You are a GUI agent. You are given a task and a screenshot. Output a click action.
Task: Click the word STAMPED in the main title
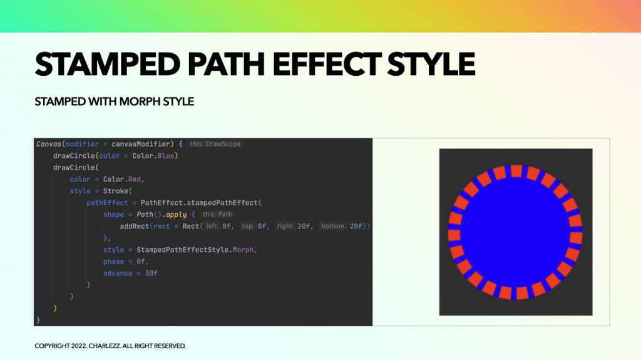coord(108,64)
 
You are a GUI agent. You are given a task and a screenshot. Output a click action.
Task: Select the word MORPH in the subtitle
coord(140,101)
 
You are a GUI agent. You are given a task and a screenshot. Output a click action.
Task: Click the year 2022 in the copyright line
coord(79,346)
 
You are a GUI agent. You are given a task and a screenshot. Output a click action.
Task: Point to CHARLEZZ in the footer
coord(105,346)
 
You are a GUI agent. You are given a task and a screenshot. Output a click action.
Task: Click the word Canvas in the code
coord(49,144)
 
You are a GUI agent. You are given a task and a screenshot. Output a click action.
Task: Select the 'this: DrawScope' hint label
coord(215,144)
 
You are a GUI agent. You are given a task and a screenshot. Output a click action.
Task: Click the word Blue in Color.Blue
coord(165,156)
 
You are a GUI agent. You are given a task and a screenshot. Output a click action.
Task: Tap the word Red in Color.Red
coord(135,179)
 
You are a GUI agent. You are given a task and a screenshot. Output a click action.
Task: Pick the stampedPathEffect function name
coord(222,203)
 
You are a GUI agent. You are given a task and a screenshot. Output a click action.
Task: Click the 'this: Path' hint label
coord(217,214)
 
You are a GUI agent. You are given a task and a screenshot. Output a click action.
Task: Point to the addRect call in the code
coord(135,226)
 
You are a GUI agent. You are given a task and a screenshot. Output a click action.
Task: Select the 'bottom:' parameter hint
coord(333,226)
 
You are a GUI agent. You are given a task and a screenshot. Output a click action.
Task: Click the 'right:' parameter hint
coord(285,226)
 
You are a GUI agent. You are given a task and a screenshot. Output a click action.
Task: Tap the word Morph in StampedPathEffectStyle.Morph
coord(244,250)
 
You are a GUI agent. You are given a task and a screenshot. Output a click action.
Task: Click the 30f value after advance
coord(151,273)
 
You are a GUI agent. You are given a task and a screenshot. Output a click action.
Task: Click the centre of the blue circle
coord(516,232)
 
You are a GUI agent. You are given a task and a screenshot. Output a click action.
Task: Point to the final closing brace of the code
coord(38,320)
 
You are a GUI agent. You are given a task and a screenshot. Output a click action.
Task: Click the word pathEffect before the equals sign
coord(107,203)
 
